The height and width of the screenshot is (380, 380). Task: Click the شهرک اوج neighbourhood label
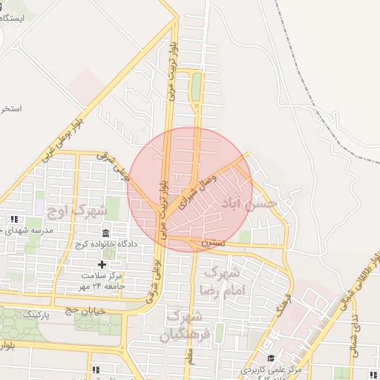click(76, 210)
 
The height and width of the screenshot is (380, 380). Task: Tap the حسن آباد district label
click(255, 202)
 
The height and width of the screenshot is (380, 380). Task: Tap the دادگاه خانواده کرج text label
click(103, 245)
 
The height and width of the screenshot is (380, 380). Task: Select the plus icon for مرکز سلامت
click(102, 264)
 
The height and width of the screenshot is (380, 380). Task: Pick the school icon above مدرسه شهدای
click(14, 219)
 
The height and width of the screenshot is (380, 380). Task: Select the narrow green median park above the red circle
click(196, 87)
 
